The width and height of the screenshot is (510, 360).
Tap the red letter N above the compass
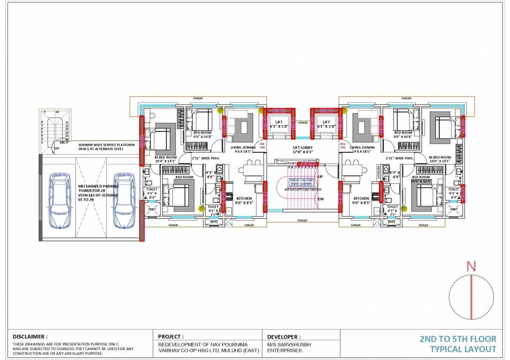point(471,267)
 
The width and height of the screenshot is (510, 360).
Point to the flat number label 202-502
point(262,145)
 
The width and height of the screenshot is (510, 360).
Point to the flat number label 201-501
point(342,145)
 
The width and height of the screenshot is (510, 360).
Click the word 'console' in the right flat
point(379,172)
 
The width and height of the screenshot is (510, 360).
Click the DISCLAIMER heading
point(30,337)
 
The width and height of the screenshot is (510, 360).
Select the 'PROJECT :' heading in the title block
point(171,337)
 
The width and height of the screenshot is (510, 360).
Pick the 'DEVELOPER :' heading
point(284,337)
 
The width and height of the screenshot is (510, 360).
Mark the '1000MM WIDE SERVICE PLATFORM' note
point(106,145)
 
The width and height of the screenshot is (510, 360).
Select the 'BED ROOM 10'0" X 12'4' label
point(420,179)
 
